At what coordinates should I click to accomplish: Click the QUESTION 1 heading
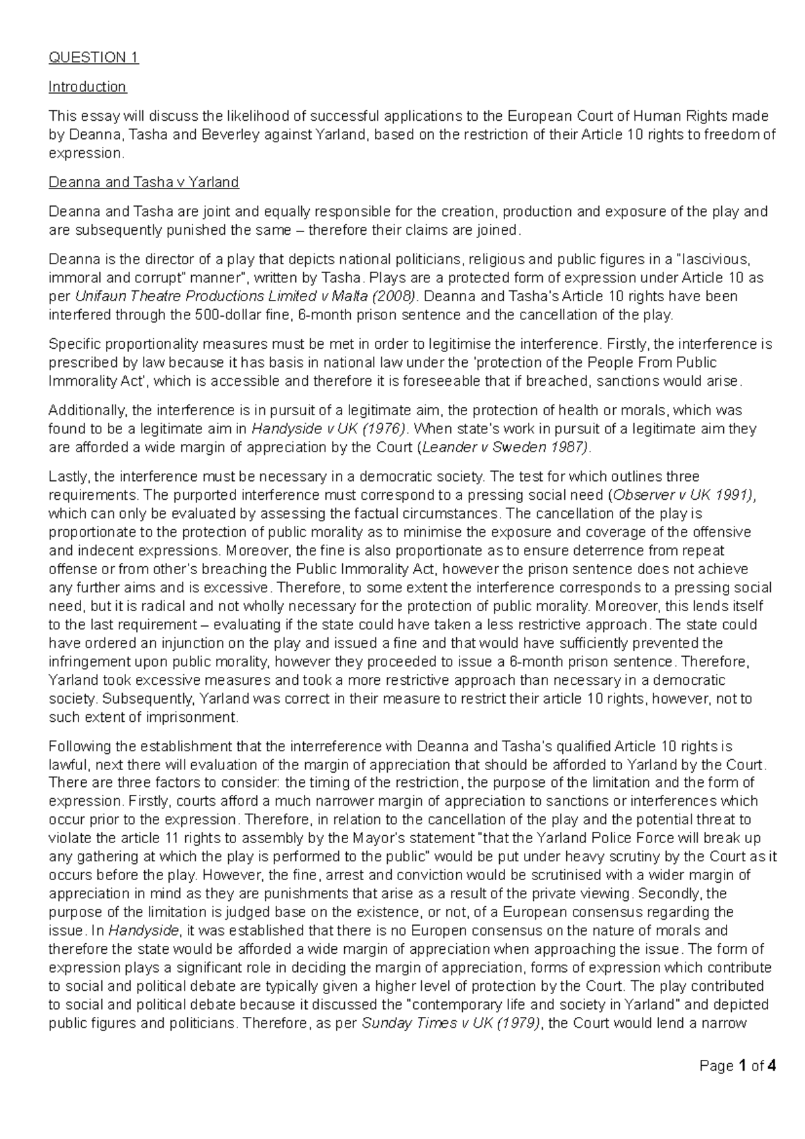(93, 57)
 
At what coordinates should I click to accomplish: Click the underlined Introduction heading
(87, 87)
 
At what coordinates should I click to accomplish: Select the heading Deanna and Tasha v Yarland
(144, 182)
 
